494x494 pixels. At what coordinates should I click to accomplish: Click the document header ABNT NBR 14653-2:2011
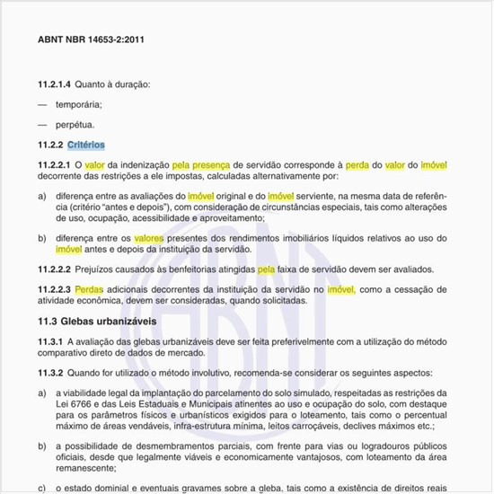(91, 40)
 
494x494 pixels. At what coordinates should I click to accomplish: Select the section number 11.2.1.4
(52, 84)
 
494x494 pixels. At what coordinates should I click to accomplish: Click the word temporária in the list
(79, 104)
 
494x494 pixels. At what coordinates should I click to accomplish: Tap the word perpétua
(75, 124)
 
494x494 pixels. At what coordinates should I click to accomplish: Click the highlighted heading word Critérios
(86, 145)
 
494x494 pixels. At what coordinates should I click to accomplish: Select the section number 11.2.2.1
(54, 165)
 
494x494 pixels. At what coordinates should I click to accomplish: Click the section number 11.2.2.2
(54, 269)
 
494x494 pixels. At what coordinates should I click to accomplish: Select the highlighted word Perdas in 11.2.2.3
(89, 289)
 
